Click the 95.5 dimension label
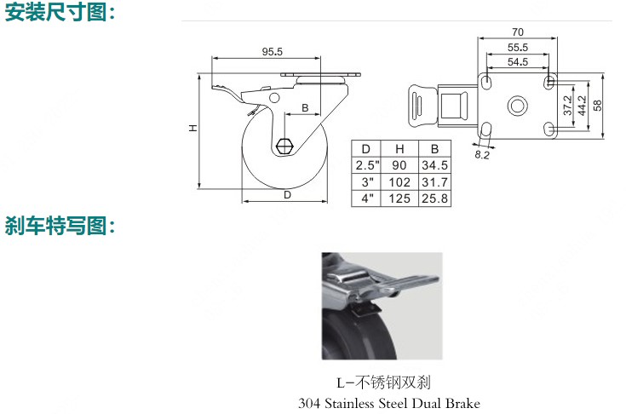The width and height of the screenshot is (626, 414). click(x=273, y=51)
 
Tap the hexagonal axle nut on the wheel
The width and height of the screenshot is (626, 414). click(x=284, y=147)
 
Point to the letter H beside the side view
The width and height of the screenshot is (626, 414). click(x=192, y=128)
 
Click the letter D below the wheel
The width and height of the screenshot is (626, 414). click(x=287, y=195)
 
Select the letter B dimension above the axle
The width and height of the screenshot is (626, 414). click(x=305, y=107)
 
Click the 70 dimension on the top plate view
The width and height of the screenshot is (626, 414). click(x=518, y=32)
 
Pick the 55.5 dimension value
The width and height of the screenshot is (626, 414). click(x=518, y=48)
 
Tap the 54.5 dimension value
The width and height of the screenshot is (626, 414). click(x=518, y=62)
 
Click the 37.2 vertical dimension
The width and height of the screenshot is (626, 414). click(x=567, y=105)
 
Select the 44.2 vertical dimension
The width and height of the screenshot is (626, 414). click(x=582, y=106)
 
